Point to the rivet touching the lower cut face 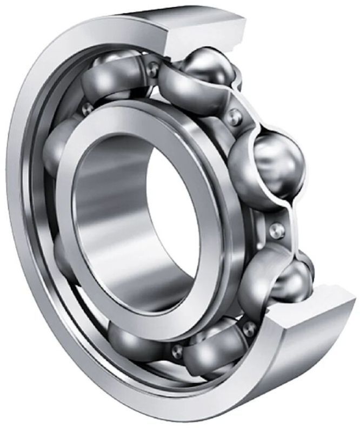pyautogui.click(x=249, y=328)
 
